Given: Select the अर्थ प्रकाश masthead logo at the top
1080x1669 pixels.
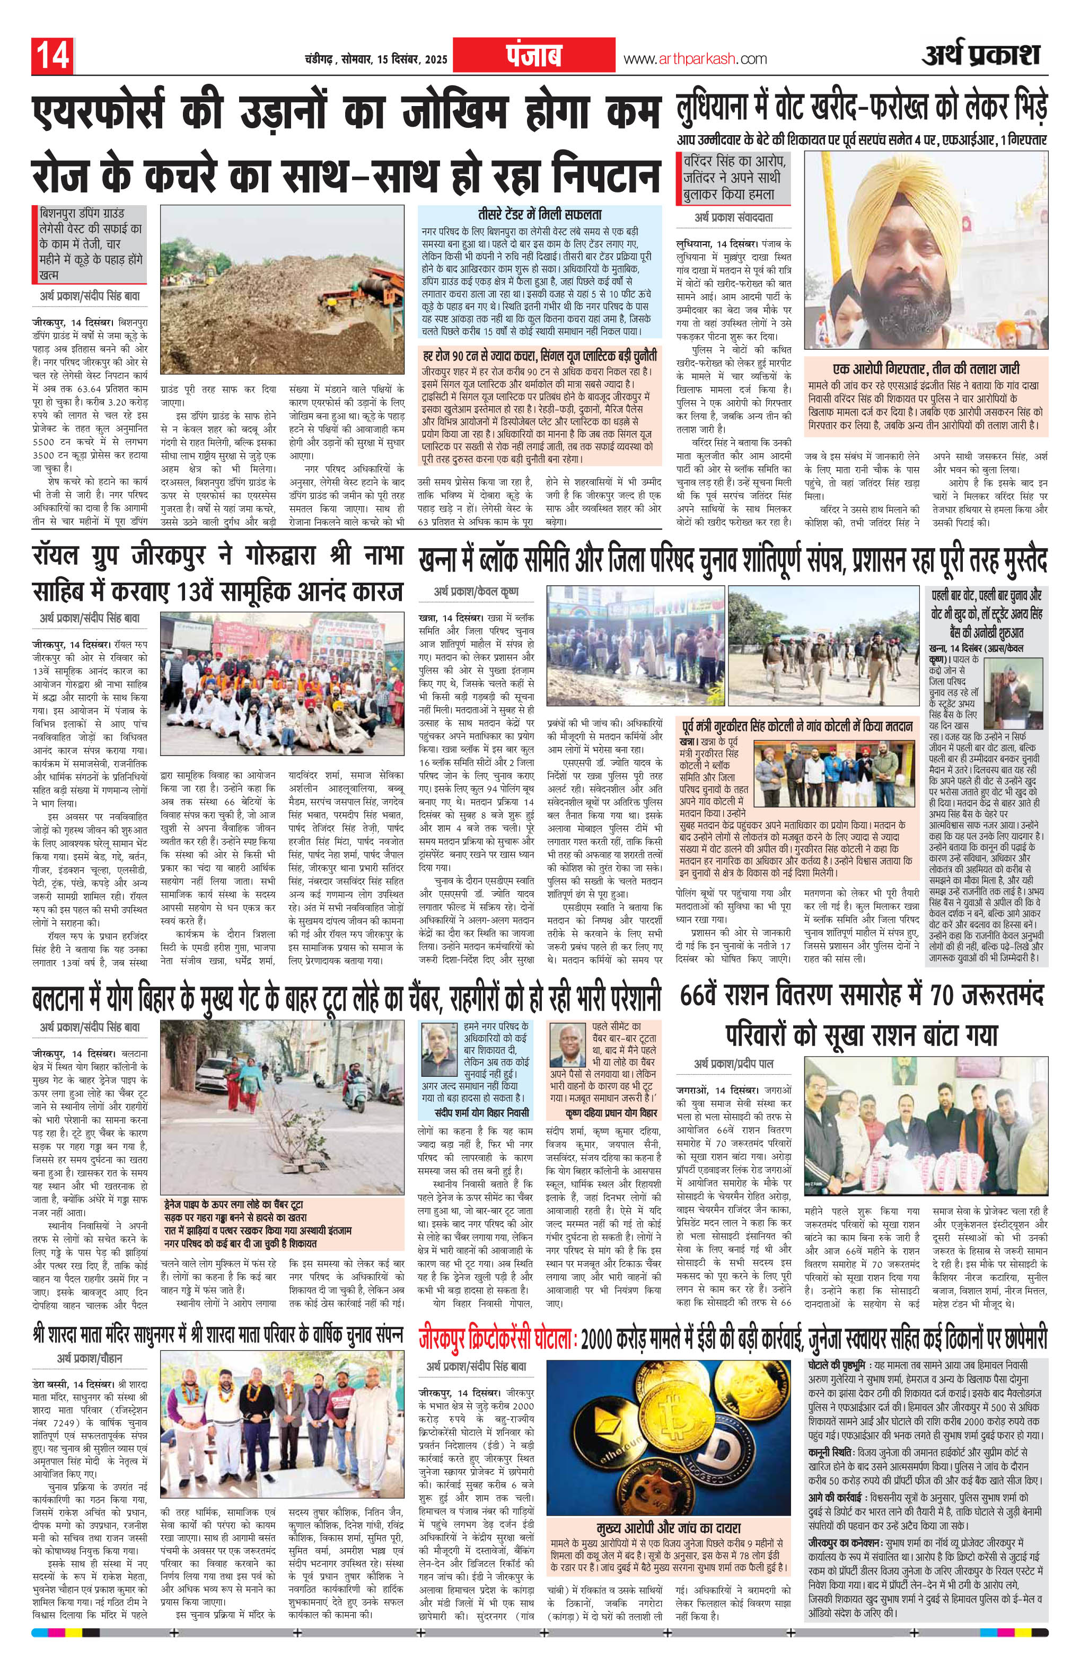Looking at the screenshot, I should click(x=980, y=55).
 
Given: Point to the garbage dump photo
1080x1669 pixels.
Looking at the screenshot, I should click(x=283, y=289).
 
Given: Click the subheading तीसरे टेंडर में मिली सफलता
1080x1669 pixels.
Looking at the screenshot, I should click(x=539, y=215).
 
